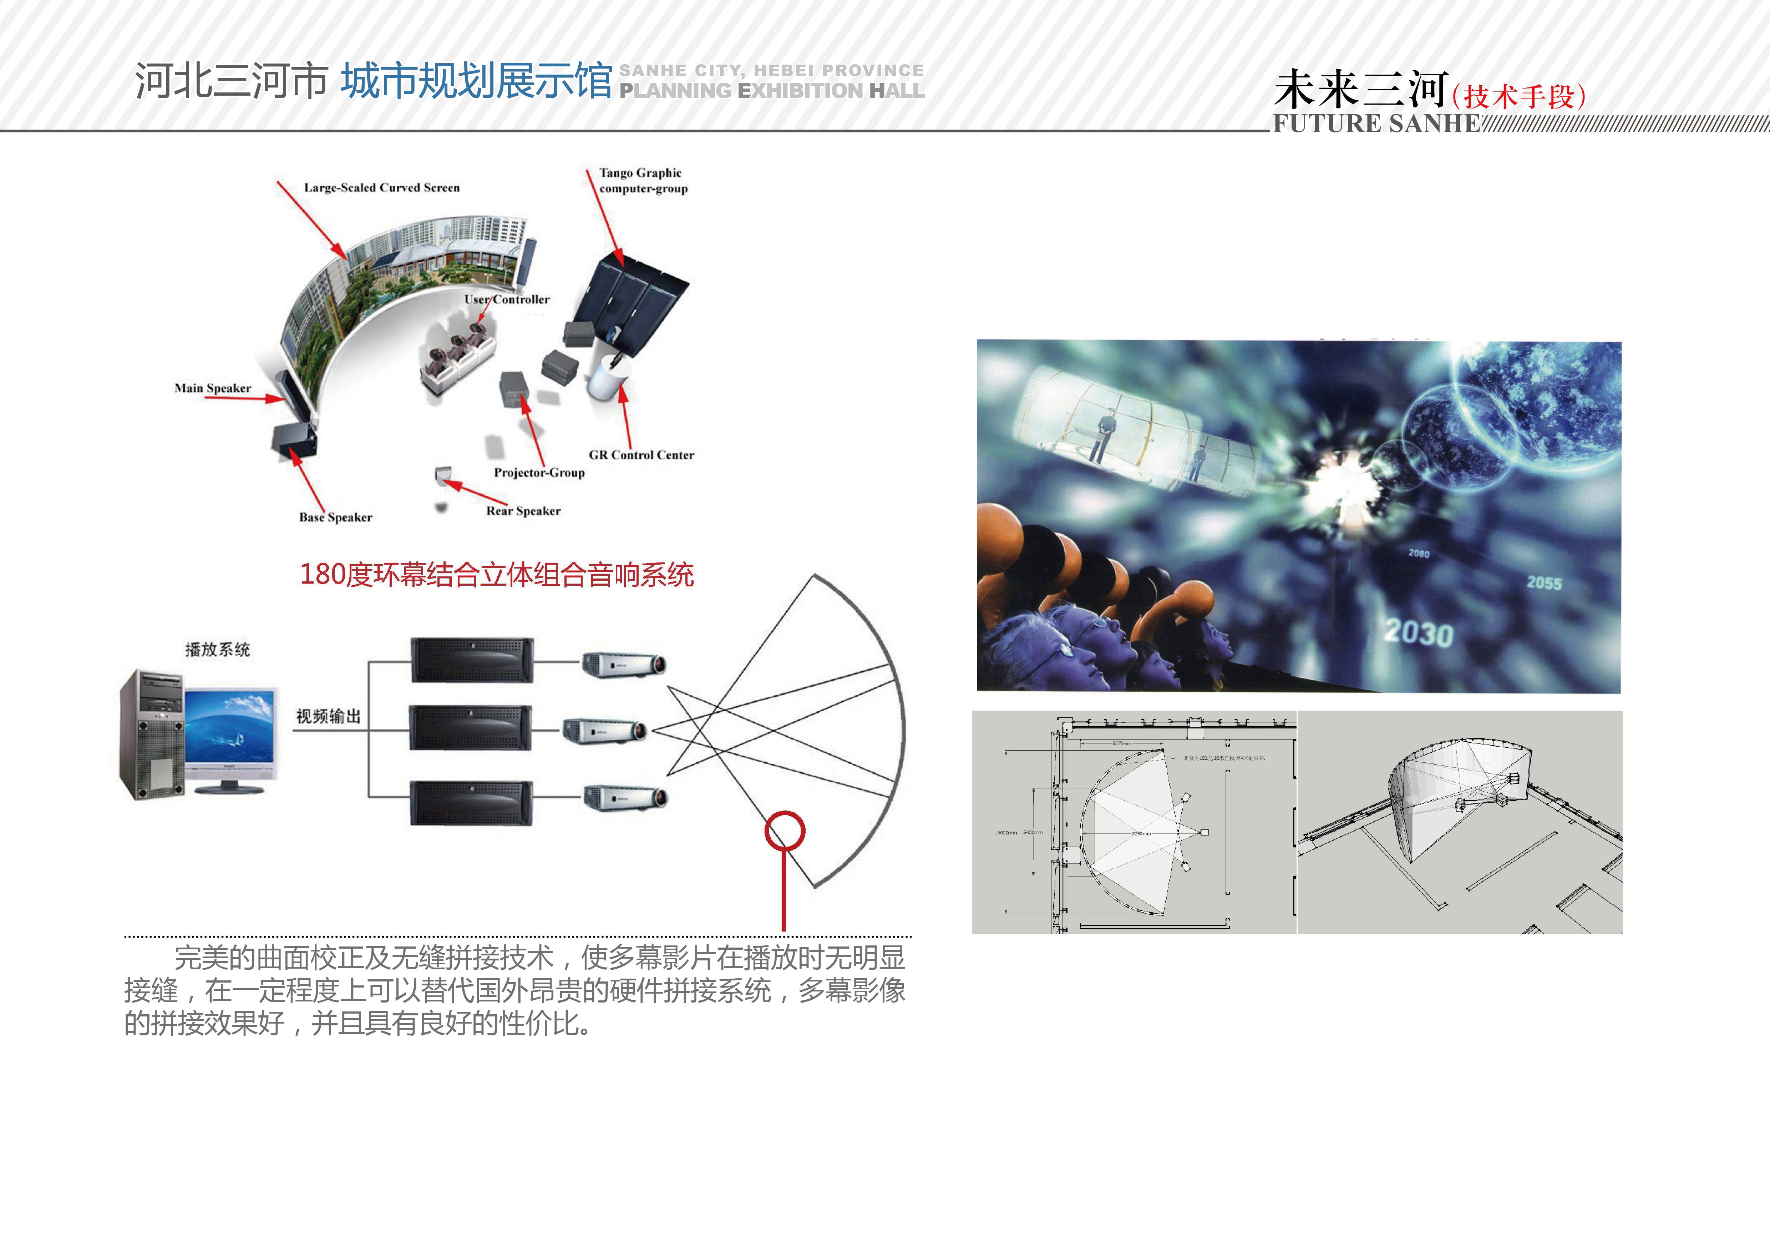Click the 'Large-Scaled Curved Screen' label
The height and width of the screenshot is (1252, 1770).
pos(382,187)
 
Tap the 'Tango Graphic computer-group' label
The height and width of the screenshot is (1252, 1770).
pos(643,180)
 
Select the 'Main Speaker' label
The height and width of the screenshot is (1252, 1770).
pos(213,388)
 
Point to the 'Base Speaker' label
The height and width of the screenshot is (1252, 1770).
pos(335,517)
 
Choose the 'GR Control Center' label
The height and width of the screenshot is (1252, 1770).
pos(641,455)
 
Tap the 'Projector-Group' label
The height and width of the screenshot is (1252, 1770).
pos(539,473)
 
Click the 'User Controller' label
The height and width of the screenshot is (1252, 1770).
pos(507,299)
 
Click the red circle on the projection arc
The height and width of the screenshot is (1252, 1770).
pos(785,831)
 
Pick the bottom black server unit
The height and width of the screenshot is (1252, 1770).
pos(471,803)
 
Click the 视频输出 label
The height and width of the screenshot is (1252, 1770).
pos(328,716)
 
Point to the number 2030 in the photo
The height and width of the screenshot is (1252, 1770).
pos(1419,633)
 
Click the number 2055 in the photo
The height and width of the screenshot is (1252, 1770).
pos(1544,583)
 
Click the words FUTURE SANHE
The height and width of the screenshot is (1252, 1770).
pos(1376,123)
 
